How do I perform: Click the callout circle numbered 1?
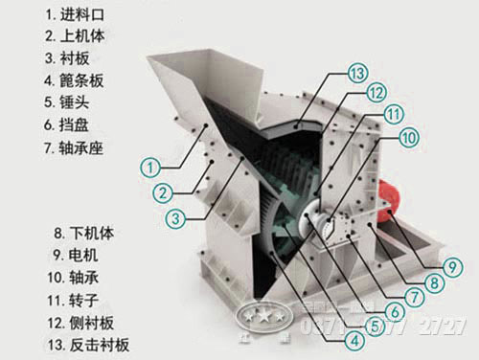pyautogui.click(x=150, y=166)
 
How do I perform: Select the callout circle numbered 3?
pyautogui.click(x=173, y=217)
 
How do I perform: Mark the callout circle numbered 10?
pyautogui.click(x=409, y=138)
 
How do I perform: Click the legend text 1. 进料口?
pyautogui.click(x=55, y=16)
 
